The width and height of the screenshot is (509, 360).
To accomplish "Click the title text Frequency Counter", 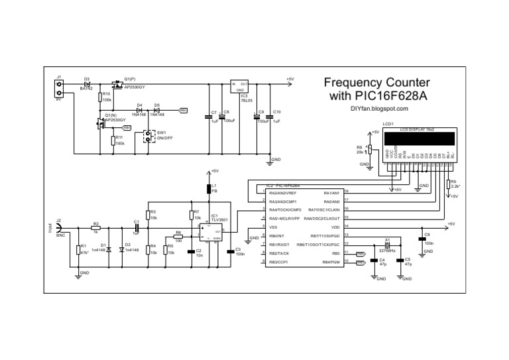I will tap(376, 83).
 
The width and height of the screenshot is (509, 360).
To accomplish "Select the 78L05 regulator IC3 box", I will tap(240, 86).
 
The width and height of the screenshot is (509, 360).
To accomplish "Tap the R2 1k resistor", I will tap(95, 228).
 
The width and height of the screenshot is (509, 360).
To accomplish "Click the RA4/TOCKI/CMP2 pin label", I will tap(286, 210).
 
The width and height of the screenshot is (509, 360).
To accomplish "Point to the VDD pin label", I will tap(335, 227).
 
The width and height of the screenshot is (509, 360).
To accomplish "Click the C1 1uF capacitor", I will tap(137, 227).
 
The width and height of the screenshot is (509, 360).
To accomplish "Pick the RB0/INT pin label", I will tap(277, 236).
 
